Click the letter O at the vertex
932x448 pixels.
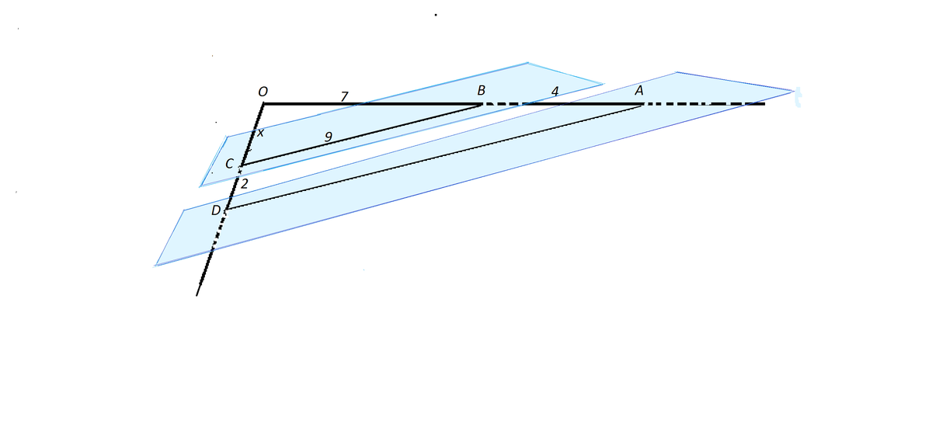[263, 92]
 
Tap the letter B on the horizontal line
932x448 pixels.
[482, 90]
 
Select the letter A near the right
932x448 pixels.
[639, 90]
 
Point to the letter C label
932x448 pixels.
[229, 164]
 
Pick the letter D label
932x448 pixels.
[216, 210]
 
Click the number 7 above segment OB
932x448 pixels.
[344, 96]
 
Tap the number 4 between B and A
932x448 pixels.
[555, 91]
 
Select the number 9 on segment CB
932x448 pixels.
[329, 137]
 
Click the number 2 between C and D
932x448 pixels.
[244, 183]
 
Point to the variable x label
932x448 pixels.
[260, 133]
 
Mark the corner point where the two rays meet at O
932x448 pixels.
[264, 103]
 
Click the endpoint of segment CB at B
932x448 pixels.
[482, 105]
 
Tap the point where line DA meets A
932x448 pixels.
[642, 106]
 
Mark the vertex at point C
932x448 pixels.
[241, 165]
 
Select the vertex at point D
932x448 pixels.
[227, 209]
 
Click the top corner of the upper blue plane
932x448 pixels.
[527, 63]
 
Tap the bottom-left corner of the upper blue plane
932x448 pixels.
[200, 186]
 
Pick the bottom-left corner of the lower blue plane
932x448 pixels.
[155, 266]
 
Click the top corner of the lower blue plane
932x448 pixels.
[676, 72]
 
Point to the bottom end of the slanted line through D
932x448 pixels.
[196, 296]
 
